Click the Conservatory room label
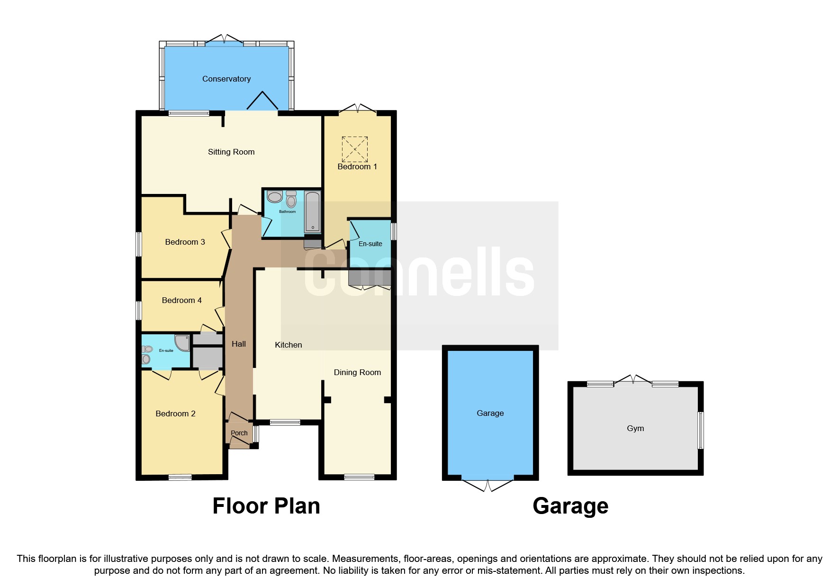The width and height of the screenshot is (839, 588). tap(226, 79)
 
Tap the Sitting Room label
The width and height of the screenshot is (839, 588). tap(231, 152)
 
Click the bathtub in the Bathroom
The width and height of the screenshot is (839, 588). tap(312, 211)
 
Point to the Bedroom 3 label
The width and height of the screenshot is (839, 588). tap(185, 242)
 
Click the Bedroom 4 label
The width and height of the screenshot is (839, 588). tap(181, 300)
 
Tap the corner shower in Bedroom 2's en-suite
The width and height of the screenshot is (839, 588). tap(182, 342)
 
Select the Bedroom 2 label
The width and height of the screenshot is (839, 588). tap(175, 413)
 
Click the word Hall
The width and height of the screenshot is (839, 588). tap(239, 344)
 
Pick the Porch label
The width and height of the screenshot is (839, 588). tap(239, 433)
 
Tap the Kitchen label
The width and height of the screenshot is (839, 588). tap(288, 345)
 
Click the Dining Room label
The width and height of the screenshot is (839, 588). tap(357, 372)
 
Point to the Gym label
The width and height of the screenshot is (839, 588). tap(635, 428)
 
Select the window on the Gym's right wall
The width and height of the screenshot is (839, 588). tap(701, 430)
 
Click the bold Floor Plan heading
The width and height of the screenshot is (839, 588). tap(266, 506)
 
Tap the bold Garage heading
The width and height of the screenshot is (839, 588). tap(570, 506)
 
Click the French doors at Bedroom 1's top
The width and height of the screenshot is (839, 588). tap(358, 109)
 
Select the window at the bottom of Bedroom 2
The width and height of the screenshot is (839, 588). tap(180, 477)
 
